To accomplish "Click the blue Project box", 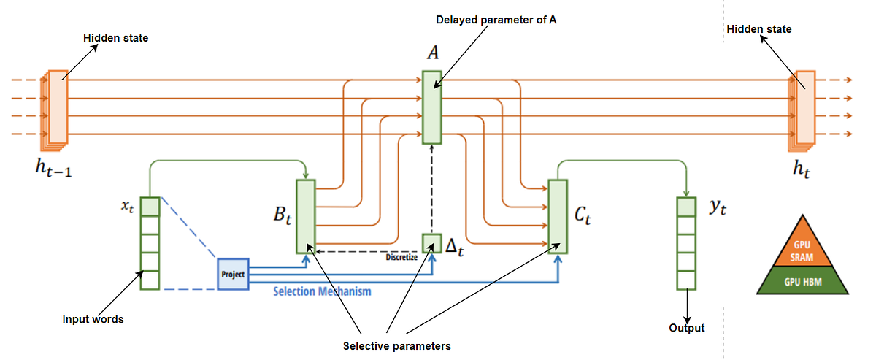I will (234, 274).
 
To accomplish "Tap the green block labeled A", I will (431, 106).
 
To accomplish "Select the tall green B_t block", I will (305, 215).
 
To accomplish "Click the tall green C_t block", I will (557, 215).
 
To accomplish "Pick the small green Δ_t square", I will (432, 243).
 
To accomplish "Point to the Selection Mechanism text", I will (322, 291).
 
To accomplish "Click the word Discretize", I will (401, 257).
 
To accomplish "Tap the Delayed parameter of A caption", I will (496, 20).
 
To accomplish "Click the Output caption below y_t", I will (687, 328).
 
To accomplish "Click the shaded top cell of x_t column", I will (150, 207).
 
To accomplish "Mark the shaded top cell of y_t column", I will (685, 207).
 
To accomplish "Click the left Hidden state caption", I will (115, 37).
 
